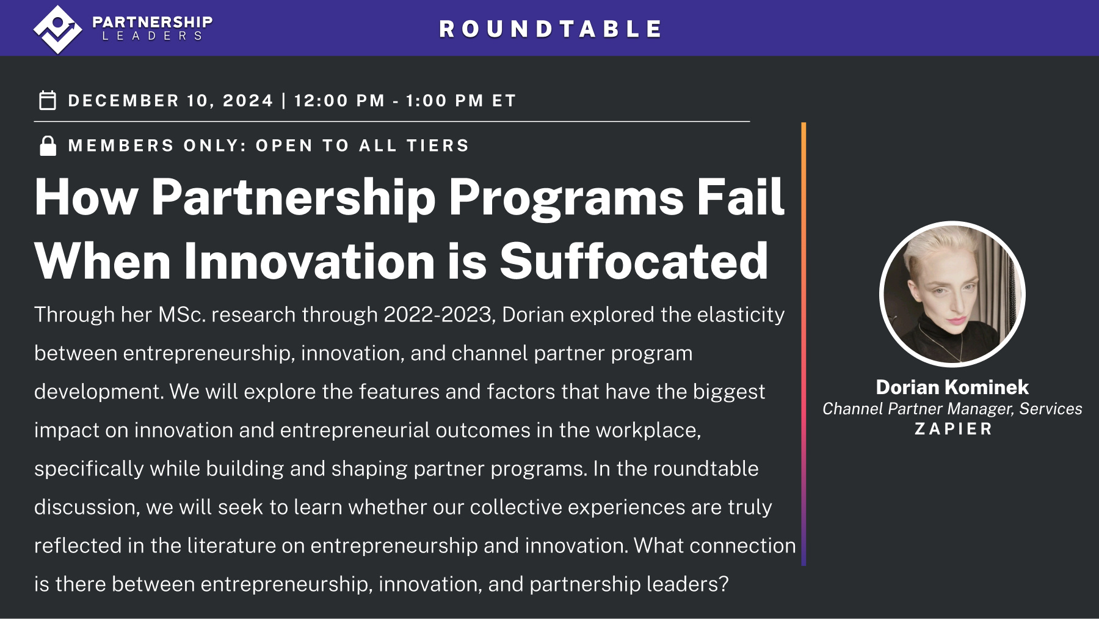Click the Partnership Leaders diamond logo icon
[x=57, y=29]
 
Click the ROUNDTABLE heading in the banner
[x=550, y=29]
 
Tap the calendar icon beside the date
[x=48, y=100]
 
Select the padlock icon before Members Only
[x=48, y=146]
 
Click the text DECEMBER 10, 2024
[x=170, y=101]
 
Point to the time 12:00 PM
[x=339, y=101]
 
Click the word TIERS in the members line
[x=438, y=146]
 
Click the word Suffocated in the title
[x=633, y=262]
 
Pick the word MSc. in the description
[x=182, y=315]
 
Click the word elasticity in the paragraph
[x=741, y=315]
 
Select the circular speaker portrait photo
[x=952, y=294]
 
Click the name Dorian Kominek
[x=952, y=387]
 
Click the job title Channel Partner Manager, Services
[x=952, y=409]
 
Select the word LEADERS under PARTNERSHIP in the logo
[x=152, y=37]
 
